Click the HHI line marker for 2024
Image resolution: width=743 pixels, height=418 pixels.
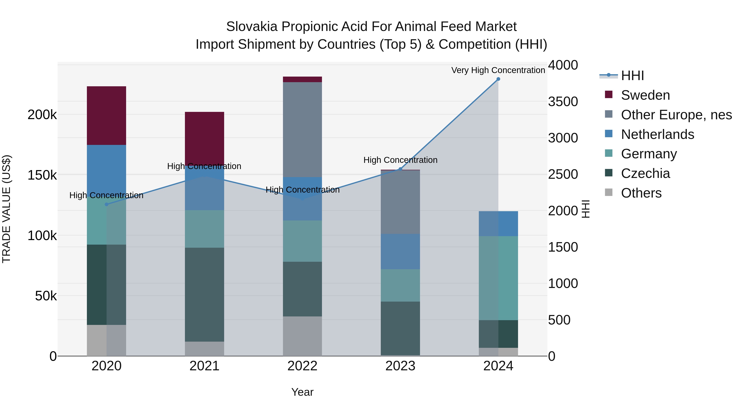(498, 79)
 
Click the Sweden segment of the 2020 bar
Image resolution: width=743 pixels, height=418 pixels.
(106, 115)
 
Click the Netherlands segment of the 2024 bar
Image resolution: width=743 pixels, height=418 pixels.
(498, 224)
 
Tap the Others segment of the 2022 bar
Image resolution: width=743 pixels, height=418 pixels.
(302, 336)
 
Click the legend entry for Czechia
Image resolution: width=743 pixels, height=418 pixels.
(645, 174)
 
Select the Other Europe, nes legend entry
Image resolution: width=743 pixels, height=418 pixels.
(676, 115)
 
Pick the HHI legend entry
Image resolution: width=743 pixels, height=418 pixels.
(632, 76)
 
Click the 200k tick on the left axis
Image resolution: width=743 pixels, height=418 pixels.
(42, 115)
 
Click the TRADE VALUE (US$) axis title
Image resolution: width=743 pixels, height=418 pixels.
(6, 209)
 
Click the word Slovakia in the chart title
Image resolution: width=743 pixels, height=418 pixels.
(252, 27)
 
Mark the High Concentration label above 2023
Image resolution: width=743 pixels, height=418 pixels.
(400, 160)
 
